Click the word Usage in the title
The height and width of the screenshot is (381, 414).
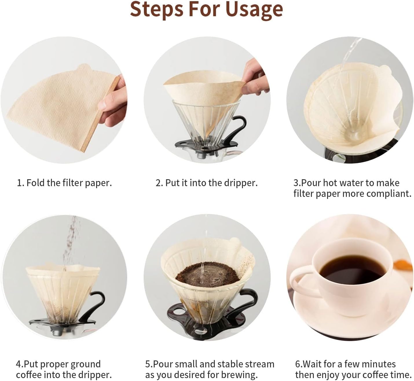click(x=254, y=9)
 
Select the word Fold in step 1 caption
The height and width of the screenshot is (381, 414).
click(x=36, y=183)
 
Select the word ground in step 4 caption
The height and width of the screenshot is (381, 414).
click(x=85, y=364)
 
